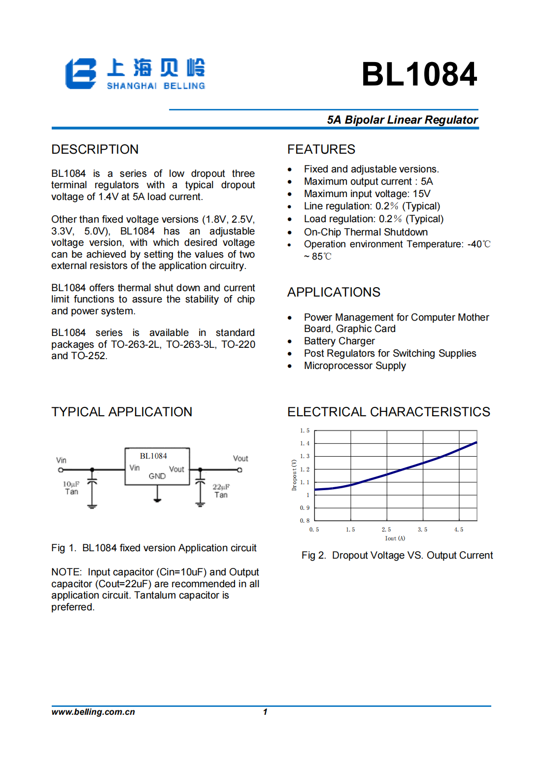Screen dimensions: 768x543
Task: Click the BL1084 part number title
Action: (x=419, y=74)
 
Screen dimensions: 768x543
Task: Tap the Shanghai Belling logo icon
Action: (x=81, y=74)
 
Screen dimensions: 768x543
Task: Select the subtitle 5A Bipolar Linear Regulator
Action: (x=402, y=120)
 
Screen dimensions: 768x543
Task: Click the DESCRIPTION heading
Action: (x=95, y=149)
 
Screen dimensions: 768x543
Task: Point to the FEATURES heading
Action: (x=321, y=149)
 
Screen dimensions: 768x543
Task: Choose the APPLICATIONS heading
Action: (x=334, y=292)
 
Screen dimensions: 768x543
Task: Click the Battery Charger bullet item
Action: (x=339, y=341)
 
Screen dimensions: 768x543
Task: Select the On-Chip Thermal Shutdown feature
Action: (x=366, y=232)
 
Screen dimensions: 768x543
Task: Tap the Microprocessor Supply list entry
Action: (x=355, y=366)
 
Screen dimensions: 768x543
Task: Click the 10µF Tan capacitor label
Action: (x=71, y=488)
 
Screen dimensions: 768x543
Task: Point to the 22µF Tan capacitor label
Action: (x=221, y=491)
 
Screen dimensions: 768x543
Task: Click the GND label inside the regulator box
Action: (x=157, y=476)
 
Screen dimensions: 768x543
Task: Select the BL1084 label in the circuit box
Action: (x=153, y=456)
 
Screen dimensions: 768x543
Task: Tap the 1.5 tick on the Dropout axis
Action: (x=305, y=431)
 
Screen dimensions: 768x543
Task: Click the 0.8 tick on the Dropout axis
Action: (x=305, y=520)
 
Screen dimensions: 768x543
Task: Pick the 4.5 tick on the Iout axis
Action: (x=459, y=530)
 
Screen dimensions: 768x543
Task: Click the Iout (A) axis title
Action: (x=395, y=538)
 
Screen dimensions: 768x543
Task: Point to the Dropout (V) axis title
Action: (x=294, y=475)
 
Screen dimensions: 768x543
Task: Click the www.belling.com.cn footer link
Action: (x=93, y=712)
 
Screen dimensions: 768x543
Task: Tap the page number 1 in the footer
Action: (x=265, y=712)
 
